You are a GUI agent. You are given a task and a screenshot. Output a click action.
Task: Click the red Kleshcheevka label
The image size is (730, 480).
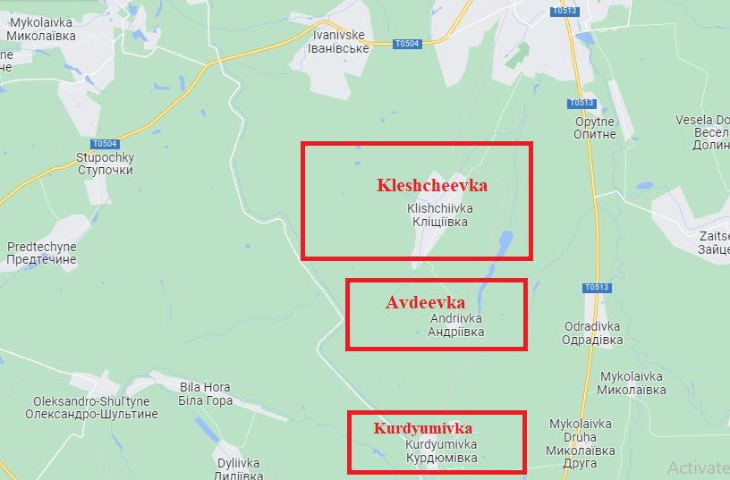click(432, 186)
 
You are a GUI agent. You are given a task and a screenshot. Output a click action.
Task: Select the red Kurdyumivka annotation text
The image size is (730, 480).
click(422, 428)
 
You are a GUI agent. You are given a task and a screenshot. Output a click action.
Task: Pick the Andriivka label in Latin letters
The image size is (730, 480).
click(455, 318)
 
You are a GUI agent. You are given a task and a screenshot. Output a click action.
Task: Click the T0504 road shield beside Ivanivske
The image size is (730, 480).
click(406, 42)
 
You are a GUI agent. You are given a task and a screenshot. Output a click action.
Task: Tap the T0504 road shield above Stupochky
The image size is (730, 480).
click(105, 144)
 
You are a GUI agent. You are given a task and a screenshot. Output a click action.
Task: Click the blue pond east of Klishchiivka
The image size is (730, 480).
click(504, 241)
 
